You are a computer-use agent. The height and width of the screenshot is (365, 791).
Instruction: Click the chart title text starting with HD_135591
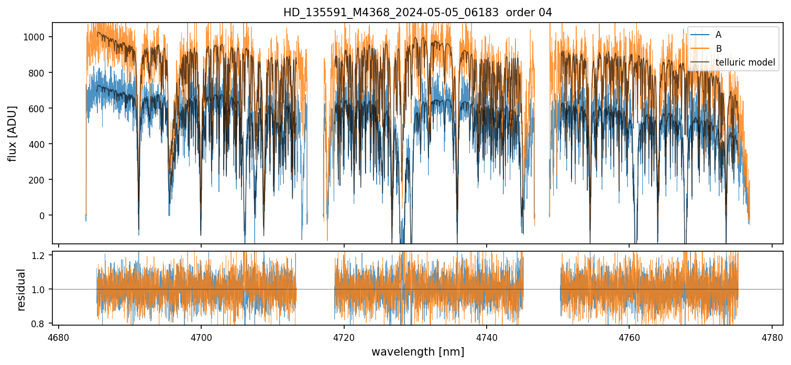point(418,13)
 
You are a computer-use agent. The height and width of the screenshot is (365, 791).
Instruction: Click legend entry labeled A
point(718,35)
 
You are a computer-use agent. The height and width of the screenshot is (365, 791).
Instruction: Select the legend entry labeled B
point(718,49)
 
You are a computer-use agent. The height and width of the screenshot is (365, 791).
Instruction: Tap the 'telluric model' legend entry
point(745,63)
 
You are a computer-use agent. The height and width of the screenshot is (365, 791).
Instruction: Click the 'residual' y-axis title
point(21,289)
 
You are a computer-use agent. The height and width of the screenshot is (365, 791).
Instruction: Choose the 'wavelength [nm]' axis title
point(418,352)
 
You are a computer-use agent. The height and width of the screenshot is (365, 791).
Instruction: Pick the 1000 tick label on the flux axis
point(38,37)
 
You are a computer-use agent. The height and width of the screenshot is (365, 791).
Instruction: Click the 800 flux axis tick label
point(41,72)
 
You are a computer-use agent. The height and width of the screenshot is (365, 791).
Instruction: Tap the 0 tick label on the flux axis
point(46,216)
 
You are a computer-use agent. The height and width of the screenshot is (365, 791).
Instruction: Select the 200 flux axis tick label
point(41,180)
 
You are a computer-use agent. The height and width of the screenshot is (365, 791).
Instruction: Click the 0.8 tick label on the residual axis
point(42,324)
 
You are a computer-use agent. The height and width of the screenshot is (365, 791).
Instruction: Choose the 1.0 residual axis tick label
point(42,289)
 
